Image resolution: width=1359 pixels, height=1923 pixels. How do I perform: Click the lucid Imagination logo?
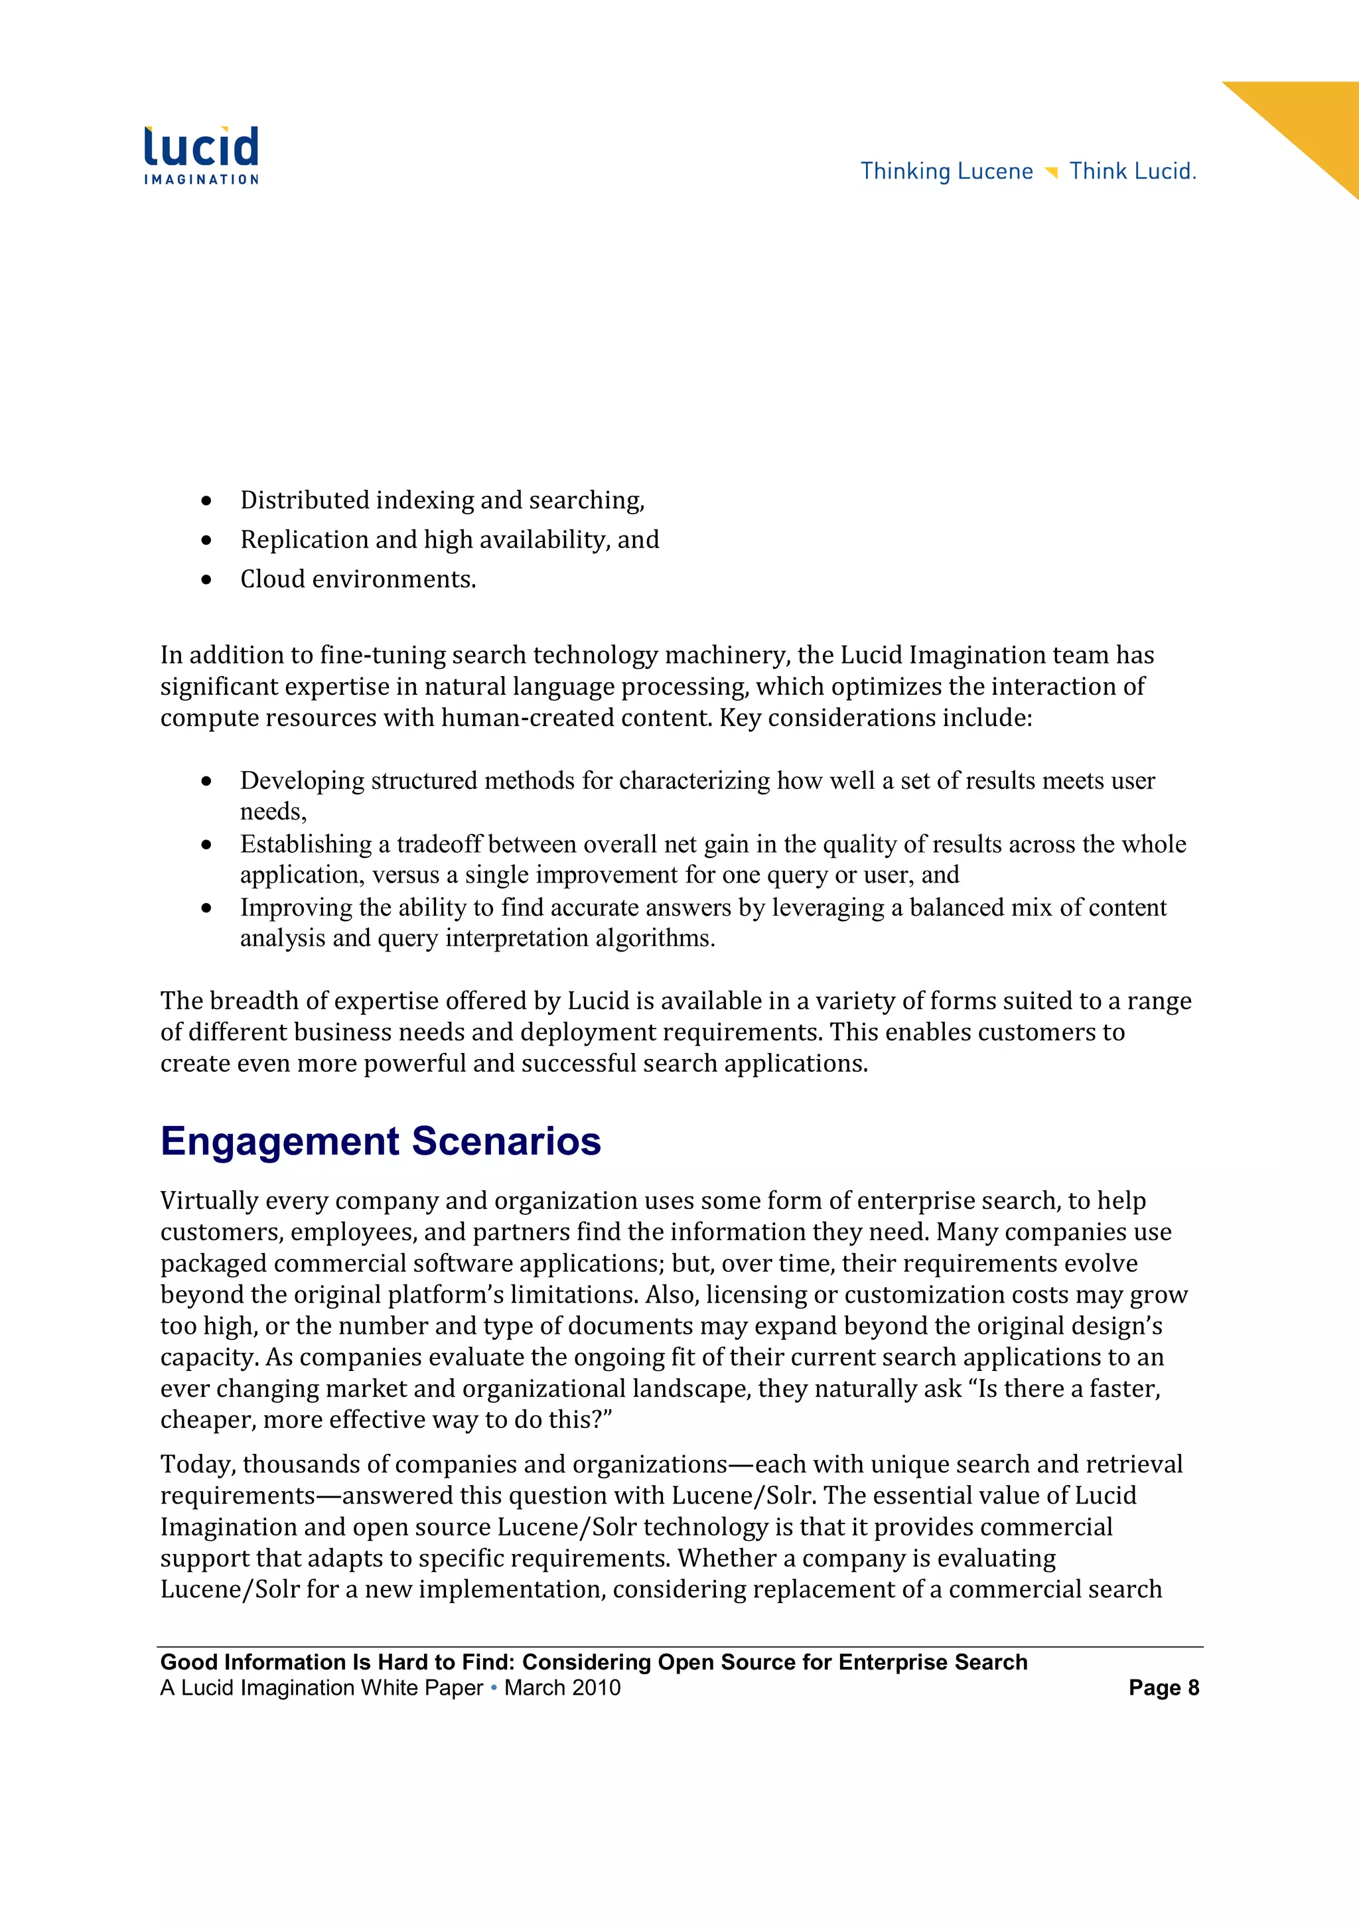pos(201,155)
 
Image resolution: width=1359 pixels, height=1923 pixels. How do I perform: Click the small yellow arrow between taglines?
pos(1052,173)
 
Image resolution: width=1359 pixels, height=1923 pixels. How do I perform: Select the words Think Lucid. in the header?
pos(1133,171)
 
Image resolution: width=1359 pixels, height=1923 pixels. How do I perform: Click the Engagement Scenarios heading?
pos(380,1141)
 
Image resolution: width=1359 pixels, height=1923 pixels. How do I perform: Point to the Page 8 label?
pos(1163,1687)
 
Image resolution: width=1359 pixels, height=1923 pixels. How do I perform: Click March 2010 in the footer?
pos(563,1687)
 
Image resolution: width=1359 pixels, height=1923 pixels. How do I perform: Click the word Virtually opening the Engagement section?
pos(209,1200)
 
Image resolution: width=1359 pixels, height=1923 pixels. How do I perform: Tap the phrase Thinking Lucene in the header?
pos(946,171)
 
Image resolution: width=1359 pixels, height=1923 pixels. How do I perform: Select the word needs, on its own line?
pos(273,812)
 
